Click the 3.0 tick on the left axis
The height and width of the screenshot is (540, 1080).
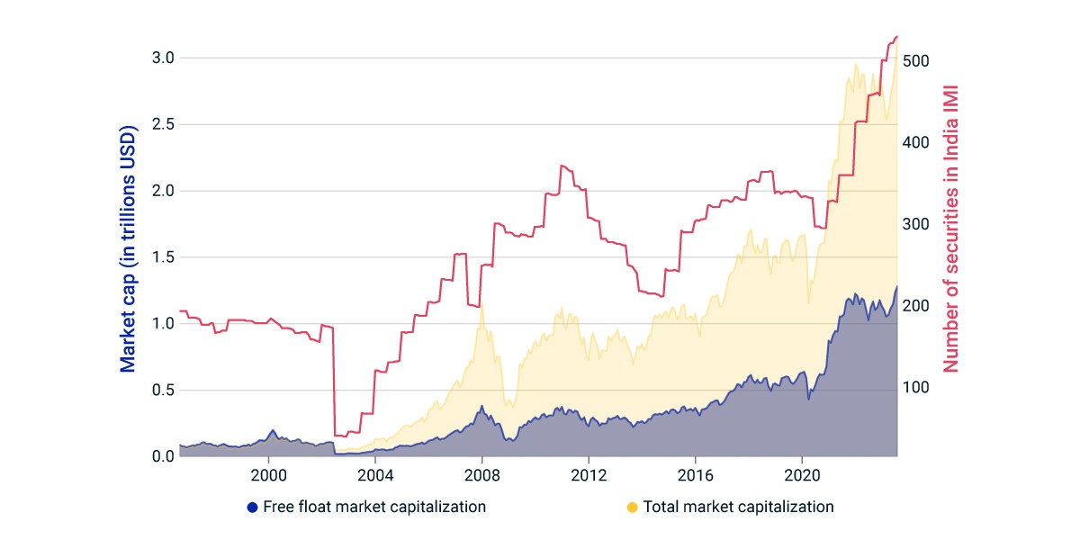point(163,58)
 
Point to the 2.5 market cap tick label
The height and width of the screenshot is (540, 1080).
point(163,124)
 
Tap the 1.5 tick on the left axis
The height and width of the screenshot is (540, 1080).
point(163,257)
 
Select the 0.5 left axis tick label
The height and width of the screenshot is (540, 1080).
point(163,390)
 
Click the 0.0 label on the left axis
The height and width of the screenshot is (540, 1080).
point(163,456)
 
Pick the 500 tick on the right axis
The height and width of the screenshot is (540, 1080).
point(915,61)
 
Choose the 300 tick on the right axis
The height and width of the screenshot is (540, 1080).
point(915,224)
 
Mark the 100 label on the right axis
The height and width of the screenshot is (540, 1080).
point(915,387)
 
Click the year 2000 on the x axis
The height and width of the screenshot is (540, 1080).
point(268,476)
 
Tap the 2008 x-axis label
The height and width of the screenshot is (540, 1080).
point(482,476)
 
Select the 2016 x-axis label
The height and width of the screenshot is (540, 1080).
point(695,476)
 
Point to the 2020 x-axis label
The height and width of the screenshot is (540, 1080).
point(802,476)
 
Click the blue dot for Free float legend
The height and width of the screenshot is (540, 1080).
point(252,508)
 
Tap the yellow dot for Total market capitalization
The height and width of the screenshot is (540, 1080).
point(632,508)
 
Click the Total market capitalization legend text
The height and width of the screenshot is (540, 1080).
point(739,507)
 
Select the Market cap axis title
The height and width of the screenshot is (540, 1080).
point(128,248)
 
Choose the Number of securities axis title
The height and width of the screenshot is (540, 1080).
point(950,229)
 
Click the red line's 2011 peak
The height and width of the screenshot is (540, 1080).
point(562,166)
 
